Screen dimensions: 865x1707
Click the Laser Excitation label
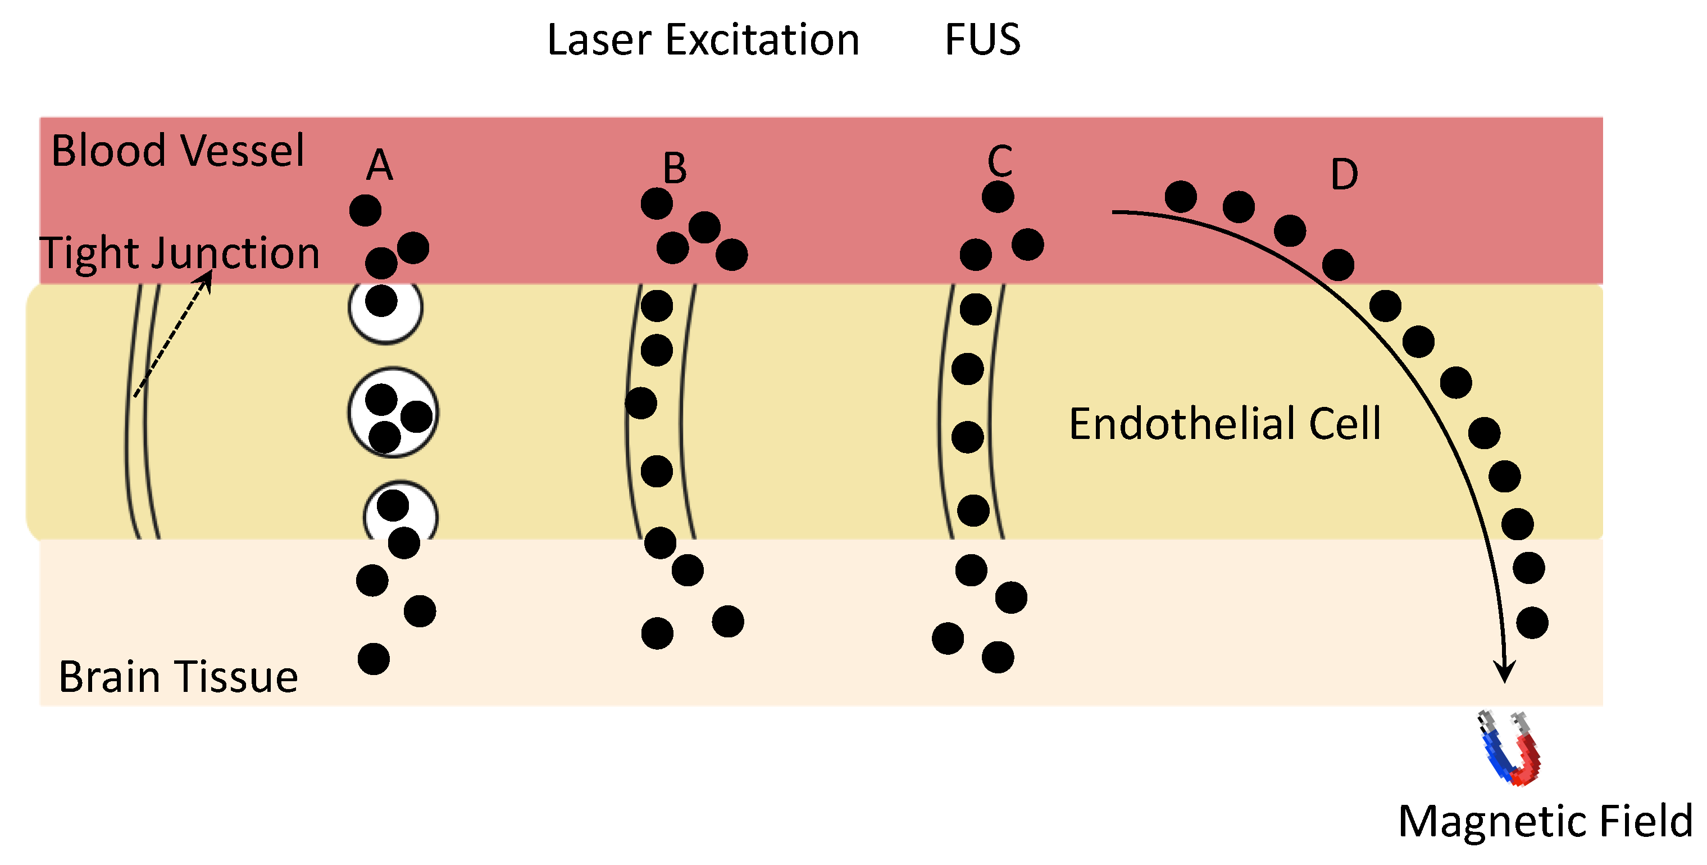click(x=703, y=40)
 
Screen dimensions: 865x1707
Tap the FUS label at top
click(x=982, y=40)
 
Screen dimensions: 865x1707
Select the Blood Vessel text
click(x=177, y=151)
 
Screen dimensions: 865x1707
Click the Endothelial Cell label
click(x=1225, y=424)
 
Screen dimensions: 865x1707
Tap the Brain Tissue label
click(x=177, y=677)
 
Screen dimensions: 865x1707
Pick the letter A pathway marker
click(x=380, y=165)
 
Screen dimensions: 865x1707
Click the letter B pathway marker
click(x=675, y=169)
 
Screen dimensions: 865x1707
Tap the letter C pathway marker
click(x=999, y=161)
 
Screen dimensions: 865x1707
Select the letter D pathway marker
click(x=1344, y=174)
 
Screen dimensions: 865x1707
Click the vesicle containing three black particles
click(x=393, y=413)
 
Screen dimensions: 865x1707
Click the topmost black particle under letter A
click(x=365, y=211)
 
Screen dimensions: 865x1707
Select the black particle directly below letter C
click(x=998, y=197)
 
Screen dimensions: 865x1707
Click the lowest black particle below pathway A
click(x=374, y=659)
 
